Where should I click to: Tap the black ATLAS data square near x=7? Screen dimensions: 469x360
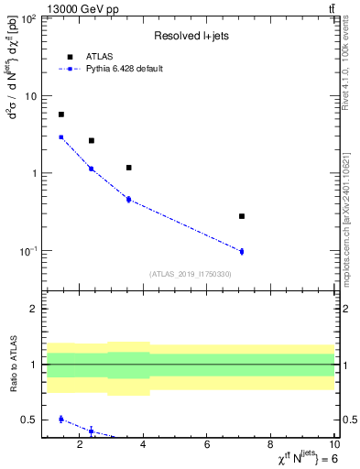click(242, 216)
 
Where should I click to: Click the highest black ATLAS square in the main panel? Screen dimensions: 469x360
click(61, 115)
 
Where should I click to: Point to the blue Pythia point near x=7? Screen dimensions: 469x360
click(242, 251)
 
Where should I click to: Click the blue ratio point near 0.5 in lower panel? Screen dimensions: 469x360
click(61, 419)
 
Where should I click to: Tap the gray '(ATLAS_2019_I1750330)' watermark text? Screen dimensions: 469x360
click(191, 274)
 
